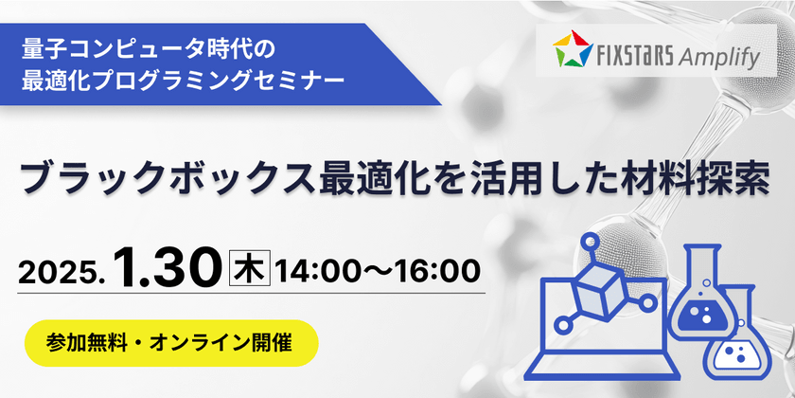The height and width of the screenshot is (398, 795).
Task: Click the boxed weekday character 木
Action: [251, 267]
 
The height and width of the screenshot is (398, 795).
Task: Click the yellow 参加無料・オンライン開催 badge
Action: [171, 342]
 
